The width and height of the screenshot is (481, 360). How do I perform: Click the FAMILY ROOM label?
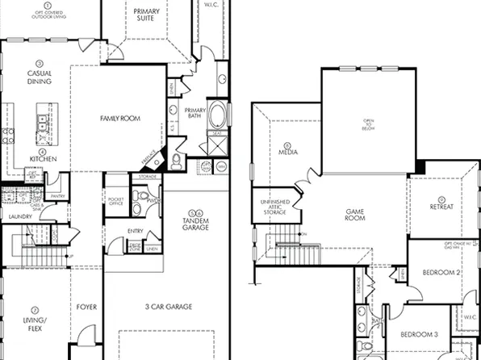[x=120, y=119]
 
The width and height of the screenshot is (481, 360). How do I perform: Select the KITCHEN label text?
[x=44, y=159]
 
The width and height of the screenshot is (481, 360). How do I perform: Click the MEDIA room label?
[x=288, y=151]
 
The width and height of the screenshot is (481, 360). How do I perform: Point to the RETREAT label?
[x=441, y=207]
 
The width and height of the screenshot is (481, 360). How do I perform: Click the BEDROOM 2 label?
[x=441, y=273]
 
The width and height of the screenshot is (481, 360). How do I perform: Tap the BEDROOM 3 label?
[x=419, y=333]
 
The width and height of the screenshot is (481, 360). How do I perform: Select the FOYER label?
[x=86, y=307]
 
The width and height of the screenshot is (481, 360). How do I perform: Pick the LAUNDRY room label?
[x=20, y=217]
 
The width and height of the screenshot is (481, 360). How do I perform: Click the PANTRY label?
[x=57, y=196]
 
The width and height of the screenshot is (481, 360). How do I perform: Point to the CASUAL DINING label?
[x=40, y=77]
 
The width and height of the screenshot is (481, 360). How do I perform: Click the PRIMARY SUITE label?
[x=146, y=14]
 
